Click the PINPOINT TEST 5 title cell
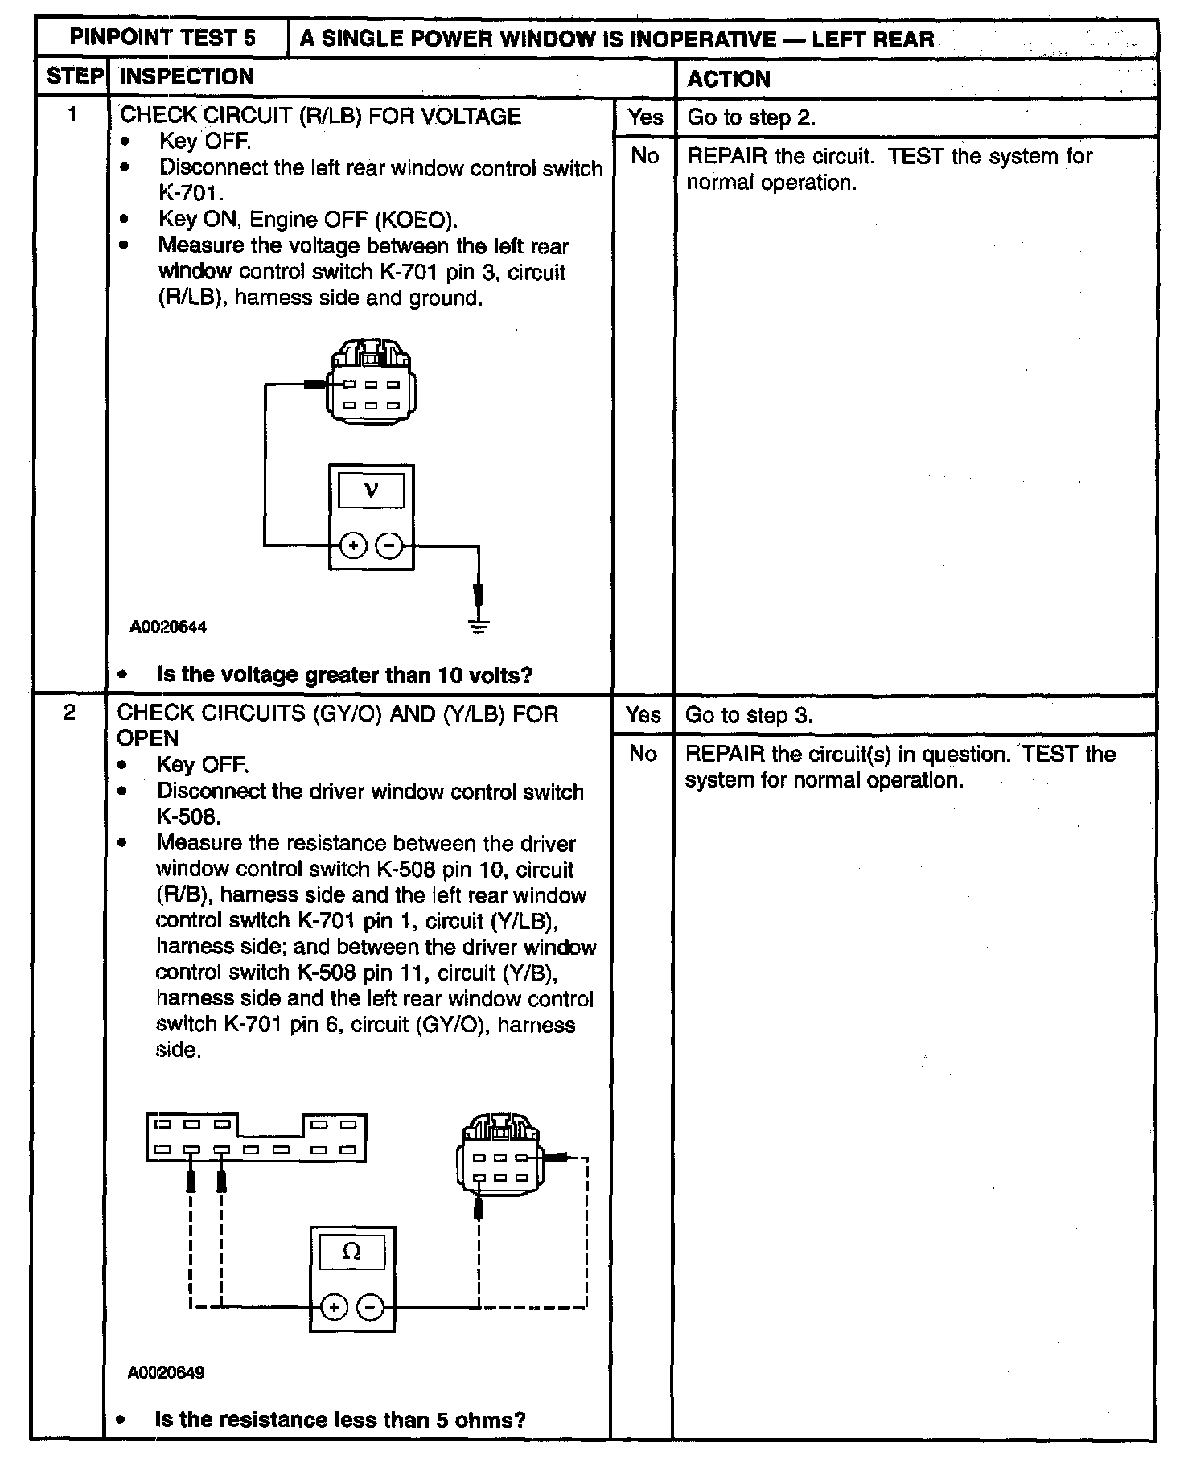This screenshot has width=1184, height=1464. [x=162, y=38]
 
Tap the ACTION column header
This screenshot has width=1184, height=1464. [x=728, y=79]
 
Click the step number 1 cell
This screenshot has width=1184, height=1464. [x=72, y=115]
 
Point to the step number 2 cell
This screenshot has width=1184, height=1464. [x=71, y=713]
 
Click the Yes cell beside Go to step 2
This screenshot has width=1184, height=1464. [x=645, y=117]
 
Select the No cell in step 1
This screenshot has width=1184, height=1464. [x=645, y=156]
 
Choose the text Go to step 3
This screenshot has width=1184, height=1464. [x=748, y=716]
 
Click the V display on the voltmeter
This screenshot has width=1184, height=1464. [x=371, y=490]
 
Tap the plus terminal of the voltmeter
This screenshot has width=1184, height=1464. [x=352, y=546]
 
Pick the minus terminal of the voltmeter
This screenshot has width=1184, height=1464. [x=389, y=546]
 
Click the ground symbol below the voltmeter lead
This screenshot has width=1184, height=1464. [x=479, y=626]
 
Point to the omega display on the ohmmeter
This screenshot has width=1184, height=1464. [x=351, y=1252]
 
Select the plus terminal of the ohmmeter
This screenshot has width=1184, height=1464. [x=333, y=1307]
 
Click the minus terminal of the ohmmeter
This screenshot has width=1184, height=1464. [x=370, y=1307]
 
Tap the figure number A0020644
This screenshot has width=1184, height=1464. [x=168, y=627]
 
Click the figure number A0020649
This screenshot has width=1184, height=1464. [x=166, y=1372]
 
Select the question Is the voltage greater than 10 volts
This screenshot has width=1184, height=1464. [x=344, y=675]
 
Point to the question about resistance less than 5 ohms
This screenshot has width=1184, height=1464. [x=339, y=1420]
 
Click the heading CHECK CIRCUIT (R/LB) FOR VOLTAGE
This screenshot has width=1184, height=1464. [x=320, y=116]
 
